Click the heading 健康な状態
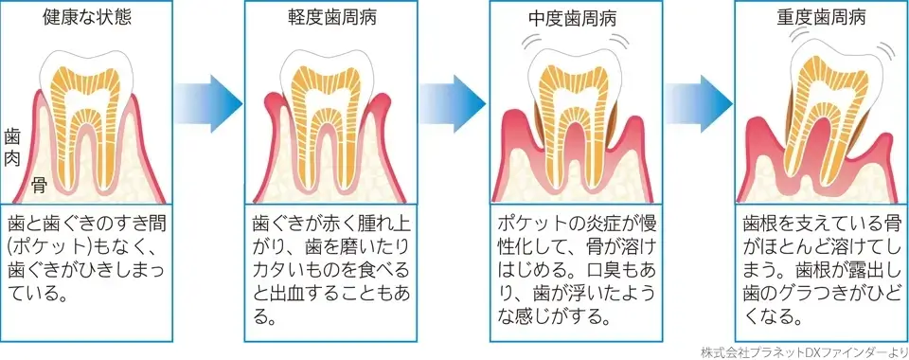(88, 18)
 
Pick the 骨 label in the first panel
(40, 183)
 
